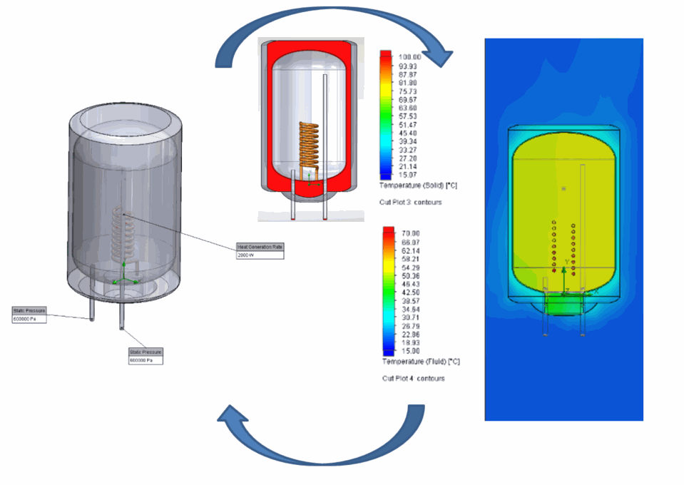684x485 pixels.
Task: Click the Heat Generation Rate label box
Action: coord(260,247)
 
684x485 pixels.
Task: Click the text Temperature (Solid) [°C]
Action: coord(419,185)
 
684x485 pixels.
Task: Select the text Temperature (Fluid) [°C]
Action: coord(422,362)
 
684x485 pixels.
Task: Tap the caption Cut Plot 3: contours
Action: coord(410,202)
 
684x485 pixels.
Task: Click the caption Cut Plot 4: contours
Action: coord(413,378)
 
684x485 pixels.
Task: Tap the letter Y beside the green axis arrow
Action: coord(567,262)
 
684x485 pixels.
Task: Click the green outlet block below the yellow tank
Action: coord(563,305)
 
